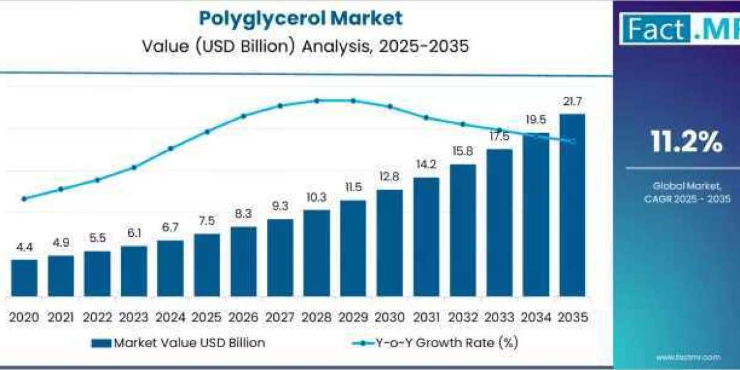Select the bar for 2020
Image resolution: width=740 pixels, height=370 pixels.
pyautogui.click(x=24, y=277)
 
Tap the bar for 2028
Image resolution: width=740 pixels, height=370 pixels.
pyautogui.click(x=316, y=253)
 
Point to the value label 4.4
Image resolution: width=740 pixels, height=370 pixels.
pyautogui.click(x=24, y=247)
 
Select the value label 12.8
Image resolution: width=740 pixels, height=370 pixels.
pyautogui.click(x=390, y=177)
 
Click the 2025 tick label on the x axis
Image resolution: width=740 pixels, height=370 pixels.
pyautogui.click(x=207, y=318)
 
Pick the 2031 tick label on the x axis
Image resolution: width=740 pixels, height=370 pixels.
pyautogui.click(x=426, y=318)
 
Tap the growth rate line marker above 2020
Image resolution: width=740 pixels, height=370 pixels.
pyautogui.click(x=24, y=199)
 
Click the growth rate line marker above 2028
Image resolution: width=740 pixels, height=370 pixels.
pyautogui.click(x=316, y=101)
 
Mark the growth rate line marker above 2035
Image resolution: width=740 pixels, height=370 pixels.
pyautogui.click(x=572, y=142)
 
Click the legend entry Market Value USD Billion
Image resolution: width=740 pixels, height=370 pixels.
pyautogui.click(x=178, y=343)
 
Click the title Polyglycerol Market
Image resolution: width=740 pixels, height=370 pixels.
pyautogui.click(x=300, y=18)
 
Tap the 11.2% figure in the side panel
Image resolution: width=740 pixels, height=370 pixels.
pyautogui.click(x=686, y=142)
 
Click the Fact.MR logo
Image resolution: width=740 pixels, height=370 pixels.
pyautogui.click(x=678, y=28)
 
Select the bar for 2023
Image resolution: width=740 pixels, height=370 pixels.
pyautogui.click(x=134, y=271)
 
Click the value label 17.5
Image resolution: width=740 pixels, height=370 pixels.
pyautogui.click(x=499, y=136)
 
